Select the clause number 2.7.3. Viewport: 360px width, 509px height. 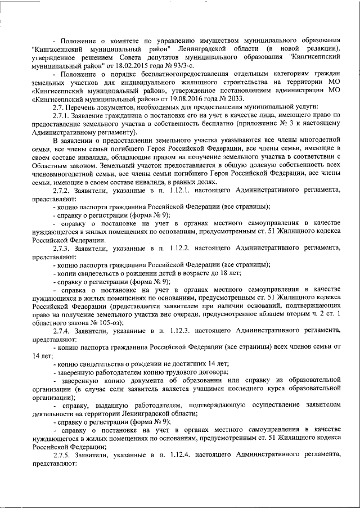click(x=61, y=247)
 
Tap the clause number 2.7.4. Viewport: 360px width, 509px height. click(x=61, y=332)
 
